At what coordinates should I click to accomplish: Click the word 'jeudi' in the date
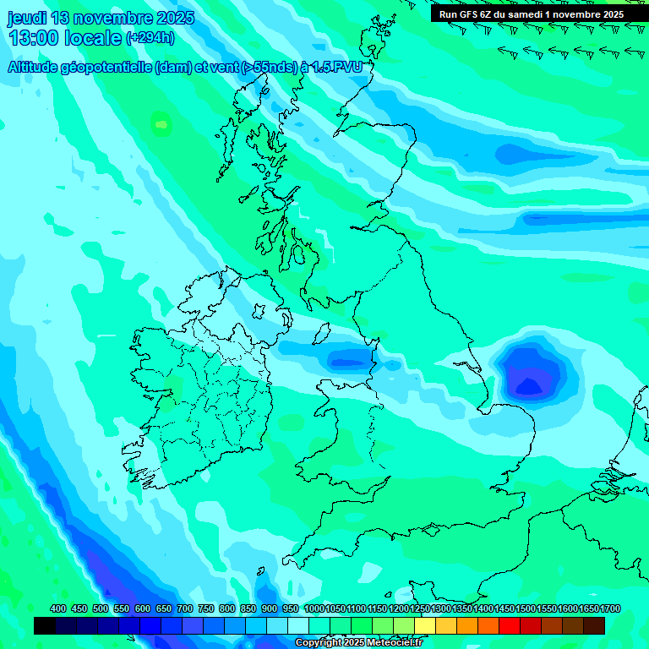[28, 18]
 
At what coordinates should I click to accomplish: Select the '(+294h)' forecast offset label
[150, 38]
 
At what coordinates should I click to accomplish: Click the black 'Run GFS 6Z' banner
[532, 14]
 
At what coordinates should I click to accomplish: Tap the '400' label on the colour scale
[58, 609]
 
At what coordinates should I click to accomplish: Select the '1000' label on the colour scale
[314, 609]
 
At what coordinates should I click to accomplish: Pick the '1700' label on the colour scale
[588, 609]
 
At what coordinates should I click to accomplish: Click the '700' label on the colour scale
[185, 609]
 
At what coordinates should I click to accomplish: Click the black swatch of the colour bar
[45, 625]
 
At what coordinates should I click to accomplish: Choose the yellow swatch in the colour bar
[425, 625]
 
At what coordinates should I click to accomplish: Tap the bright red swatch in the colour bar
[510, 625]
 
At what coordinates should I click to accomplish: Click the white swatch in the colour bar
[298, 625]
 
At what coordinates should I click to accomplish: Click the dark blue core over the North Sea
[529, 384]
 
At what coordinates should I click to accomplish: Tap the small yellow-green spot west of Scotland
[161, 126]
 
